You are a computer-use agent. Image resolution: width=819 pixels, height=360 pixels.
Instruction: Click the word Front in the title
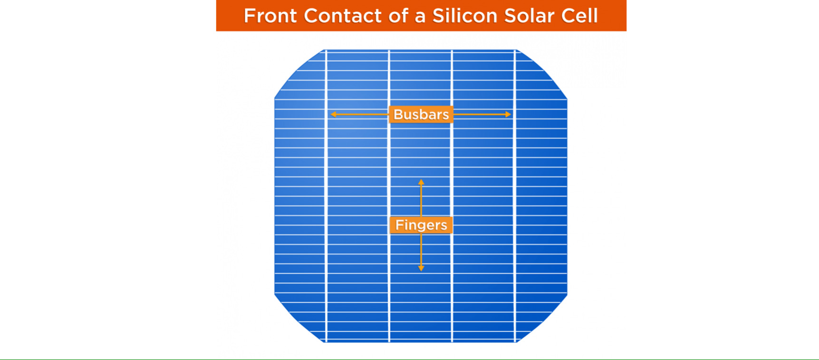coord(270,16)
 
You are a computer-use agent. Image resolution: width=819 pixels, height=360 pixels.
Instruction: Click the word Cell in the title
coord(579,16)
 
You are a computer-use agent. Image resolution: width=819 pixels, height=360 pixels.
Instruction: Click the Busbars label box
coord(421,115)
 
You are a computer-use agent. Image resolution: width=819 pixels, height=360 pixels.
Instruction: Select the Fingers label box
coord(421,225)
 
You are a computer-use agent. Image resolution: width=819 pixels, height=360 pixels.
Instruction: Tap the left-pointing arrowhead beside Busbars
coord(334,115)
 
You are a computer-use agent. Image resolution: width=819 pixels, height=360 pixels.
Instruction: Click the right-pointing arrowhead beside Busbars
coord(508,115)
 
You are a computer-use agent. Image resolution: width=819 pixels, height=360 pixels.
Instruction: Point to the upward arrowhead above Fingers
coord(421,182)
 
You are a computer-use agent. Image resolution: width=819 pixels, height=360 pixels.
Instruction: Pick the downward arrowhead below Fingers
coord(421,268)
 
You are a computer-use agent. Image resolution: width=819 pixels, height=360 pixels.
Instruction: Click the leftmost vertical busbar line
coord(326,196)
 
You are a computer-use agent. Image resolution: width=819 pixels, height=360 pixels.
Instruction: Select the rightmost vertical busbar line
coord(515,196)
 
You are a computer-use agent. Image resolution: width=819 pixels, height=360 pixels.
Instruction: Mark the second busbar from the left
coord(389,196)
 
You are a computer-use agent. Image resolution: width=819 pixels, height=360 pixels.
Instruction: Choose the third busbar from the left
coord(452,196)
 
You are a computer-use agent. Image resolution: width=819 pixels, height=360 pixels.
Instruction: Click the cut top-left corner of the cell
coord(299,74)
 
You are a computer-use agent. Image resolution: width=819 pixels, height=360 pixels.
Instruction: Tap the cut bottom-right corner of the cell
coord(542,318)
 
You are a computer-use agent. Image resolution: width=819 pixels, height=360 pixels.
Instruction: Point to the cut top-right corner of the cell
coord(542,74)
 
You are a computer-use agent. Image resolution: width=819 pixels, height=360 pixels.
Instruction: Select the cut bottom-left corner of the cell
coord(299,318)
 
